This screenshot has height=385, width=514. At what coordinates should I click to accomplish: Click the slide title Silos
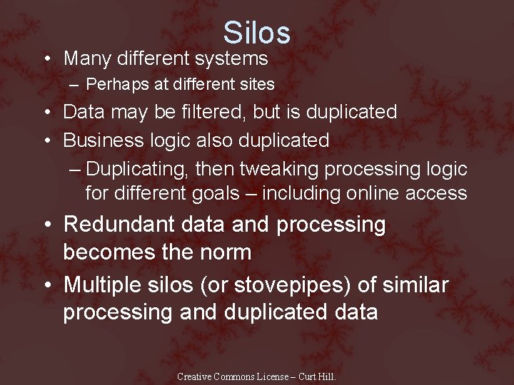point(256,33)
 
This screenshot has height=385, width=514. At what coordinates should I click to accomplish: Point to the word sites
point(256,84)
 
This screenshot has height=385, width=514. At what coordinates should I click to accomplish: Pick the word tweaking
point(279,170)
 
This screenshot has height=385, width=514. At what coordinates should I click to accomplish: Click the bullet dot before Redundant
point(47,225)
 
